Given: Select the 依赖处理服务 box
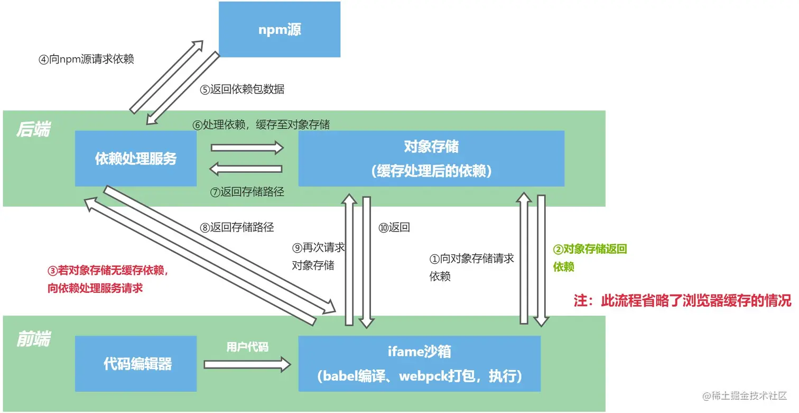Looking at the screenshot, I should click(136, 159).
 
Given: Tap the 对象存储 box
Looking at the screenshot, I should click(431, 159).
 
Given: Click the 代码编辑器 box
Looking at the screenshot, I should click(136, 363).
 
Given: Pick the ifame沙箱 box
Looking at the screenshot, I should click(420, 363).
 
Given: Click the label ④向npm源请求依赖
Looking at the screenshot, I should click(86, 59).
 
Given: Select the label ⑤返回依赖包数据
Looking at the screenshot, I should click(242, 89).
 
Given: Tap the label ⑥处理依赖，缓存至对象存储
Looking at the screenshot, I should click(261, 125).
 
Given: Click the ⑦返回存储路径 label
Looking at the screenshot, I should click(247, 192).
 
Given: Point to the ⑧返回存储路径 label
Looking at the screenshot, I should click(237, 228).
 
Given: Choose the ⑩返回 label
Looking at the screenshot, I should click(394, 228).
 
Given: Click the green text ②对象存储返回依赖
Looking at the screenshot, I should click(590, 258).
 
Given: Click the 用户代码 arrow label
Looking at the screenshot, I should click(247, 347).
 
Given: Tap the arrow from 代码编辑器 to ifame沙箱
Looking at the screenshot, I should click(247, 364).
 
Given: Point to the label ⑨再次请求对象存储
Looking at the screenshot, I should click(319, 256).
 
